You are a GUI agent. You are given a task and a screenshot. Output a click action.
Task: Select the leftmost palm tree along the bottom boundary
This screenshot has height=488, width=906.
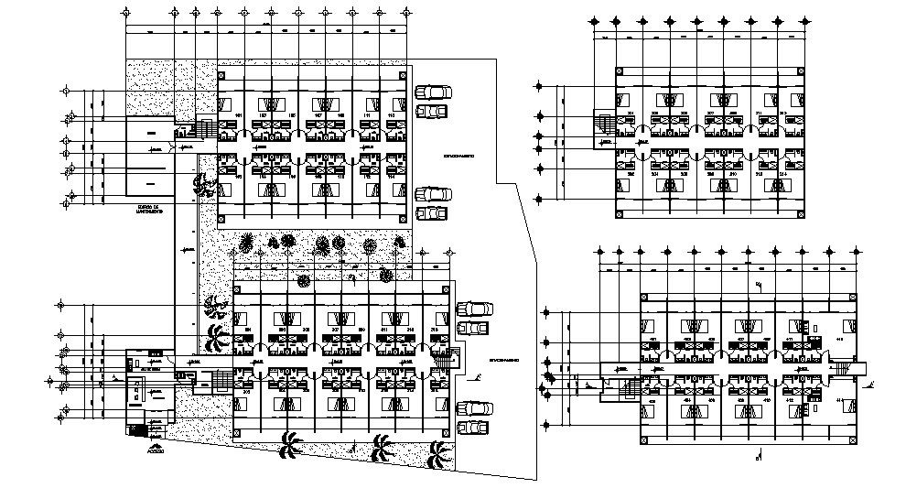pos(292,445)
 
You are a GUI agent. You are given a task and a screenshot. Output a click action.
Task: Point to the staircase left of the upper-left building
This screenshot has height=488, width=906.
pos(205,128)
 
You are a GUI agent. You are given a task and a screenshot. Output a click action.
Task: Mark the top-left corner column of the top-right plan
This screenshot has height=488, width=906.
pos(620,71)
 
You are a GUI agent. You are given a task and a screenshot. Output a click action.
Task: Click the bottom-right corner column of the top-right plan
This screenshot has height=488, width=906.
pos(803,214)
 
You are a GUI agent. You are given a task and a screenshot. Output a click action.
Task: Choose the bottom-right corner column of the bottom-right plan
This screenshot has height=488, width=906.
pos(854,438)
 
